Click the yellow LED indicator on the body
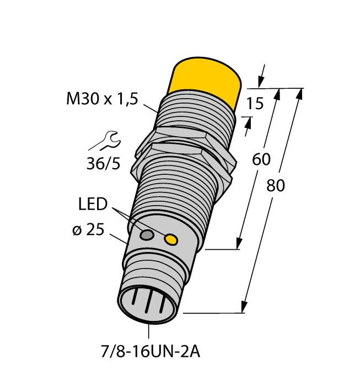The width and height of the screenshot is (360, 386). tap(171, 239)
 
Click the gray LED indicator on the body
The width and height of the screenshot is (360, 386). tap(147, 236)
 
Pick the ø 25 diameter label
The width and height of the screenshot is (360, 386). tap(88, 230)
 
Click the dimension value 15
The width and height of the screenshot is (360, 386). tap(254, 103)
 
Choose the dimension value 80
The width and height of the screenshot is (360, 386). tap(276, 186)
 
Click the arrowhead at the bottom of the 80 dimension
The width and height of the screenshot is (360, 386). tap(244, 307)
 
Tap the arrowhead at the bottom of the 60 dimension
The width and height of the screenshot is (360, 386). tap(239, 243)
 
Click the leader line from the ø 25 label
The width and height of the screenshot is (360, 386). tap(120, 239)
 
